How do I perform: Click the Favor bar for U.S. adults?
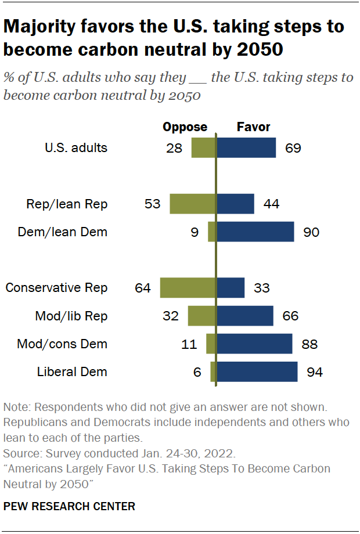point(246,147)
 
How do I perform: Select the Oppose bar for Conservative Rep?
point(188,288)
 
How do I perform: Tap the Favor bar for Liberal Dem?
point(257,372)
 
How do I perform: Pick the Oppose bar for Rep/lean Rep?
point(193,204)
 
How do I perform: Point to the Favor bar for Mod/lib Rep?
point(245,316)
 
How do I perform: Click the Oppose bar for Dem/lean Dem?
point(212,232)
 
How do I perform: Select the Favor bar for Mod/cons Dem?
point(254,344)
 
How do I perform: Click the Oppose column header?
point(185,127)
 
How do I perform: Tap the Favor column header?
point(253,127)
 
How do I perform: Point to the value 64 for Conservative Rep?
point(143,288)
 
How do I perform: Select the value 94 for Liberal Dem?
point(314,372)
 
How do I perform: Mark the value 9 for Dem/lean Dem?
point(195,232)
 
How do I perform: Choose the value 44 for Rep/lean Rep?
point(272,204)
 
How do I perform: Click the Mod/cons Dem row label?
point(62,344)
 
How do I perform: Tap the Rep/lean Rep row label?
point(67,204)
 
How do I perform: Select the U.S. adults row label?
point(76,147)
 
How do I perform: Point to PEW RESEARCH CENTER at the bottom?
point(69,507)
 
